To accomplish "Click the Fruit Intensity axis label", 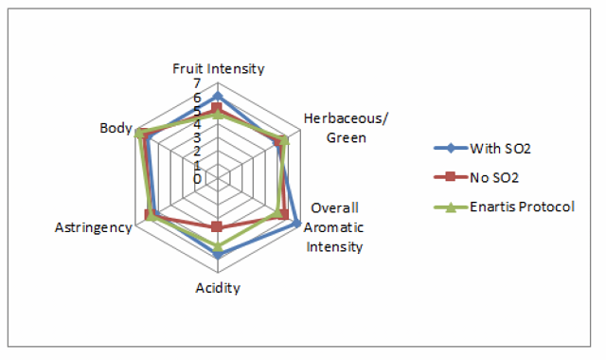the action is click(219, 68).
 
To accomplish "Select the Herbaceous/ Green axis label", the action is click(346, 128).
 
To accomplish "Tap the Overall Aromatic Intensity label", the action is click(333, 227).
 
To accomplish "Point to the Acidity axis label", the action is click(218, 288).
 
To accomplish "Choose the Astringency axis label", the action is click(94, 227).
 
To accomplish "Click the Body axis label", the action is click(116, 128).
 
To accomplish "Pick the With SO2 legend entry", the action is click(483, 149).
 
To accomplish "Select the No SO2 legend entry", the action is click(476, 178).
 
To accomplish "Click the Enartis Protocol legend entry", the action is click(505, 207).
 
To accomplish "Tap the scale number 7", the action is click(197, 83).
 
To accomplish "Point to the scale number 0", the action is click(197, 179).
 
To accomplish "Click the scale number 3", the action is click(197, 137).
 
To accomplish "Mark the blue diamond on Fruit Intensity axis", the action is click(218, 96).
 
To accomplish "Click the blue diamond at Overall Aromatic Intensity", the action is click(296, 224).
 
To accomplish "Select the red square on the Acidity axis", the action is click(217, 226).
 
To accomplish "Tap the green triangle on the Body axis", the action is click(138, 134).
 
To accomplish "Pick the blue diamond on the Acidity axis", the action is click(218, 255).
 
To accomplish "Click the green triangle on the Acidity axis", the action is click(218, 246).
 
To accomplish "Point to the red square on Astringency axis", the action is click(149, 215).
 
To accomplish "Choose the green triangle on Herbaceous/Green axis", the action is click(284, 140).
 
